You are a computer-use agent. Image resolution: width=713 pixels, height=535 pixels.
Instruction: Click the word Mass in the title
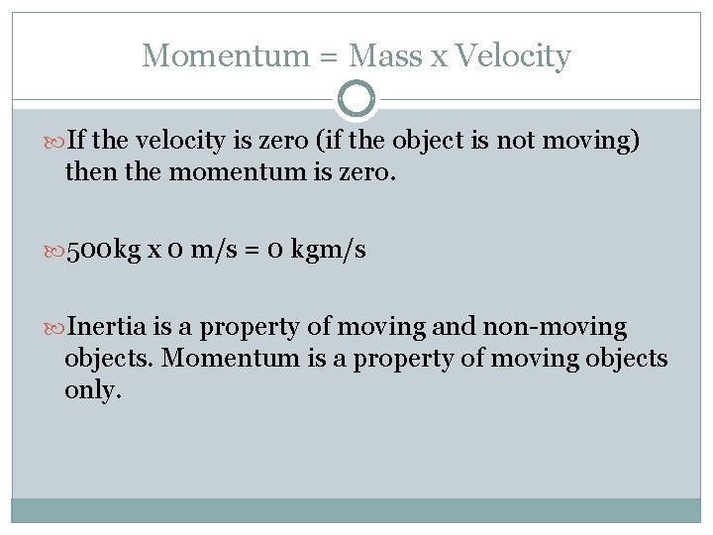[x=386, y=55]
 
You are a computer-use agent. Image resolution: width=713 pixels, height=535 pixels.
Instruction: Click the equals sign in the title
[x=330, y=57]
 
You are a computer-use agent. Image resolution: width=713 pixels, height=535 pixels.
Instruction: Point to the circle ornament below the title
[x=356, y=99]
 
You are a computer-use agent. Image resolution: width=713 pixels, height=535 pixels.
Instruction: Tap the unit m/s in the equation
[x=217, y=251]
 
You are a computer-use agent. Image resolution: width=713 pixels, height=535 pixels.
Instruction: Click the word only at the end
[x=92, y=389]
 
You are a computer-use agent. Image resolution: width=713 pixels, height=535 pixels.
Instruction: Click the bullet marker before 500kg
[x=54, y=251]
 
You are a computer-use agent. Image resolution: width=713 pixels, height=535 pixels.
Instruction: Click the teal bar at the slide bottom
[x=356, y=509]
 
